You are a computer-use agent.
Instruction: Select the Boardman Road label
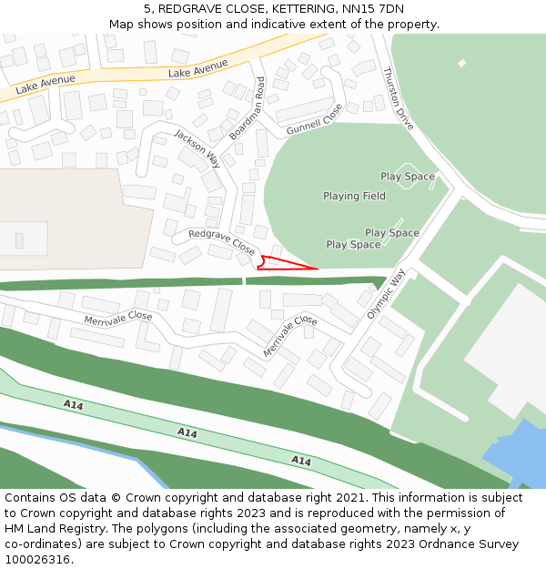click(x=247, y=107)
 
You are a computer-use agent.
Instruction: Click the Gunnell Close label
click(x=314, y=118)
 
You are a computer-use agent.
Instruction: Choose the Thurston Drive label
click(x=399, y=97)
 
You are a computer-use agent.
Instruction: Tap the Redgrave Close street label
click(x=221, y=240)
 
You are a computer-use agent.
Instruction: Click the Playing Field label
click(x=354, y=196)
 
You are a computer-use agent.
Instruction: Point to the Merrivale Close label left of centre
click(x=118, y=317)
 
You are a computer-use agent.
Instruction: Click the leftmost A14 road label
click(x=73, y=403)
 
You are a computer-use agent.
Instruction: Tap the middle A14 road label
click(x=187, y=432)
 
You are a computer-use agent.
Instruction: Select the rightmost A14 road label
click(x=301, y=461)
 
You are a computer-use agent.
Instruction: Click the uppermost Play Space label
click(x=407, y=177)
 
